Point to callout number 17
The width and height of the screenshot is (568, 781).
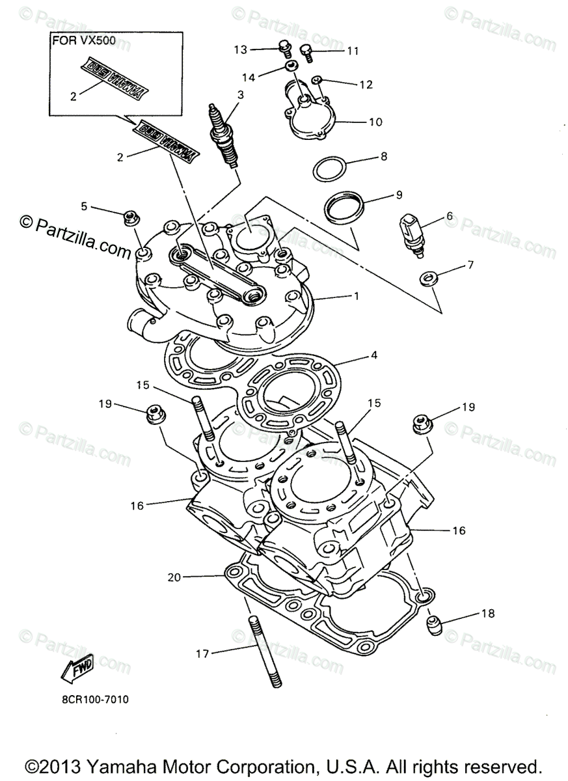click(x=204, y=653)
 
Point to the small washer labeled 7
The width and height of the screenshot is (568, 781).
click(x=427, y=278)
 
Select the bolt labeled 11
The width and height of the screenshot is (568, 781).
click(x=307, y=51)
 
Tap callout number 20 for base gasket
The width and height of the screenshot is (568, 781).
click(x=172, y=576)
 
